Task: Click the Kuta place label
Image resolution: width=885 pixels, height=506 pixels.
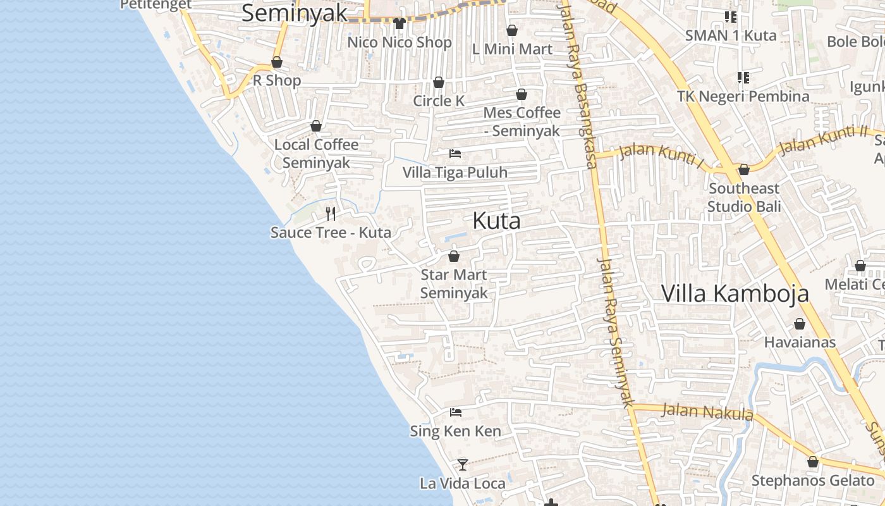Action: (497, 221)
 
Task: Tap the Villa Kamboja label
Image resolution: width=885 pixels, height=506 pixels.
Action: (735, 293)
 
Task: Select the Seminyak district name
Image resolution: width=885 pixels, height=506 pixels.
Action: (295, 13)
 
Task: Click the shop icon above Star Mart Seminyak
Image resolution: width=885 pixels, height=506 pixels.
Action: (454, 256)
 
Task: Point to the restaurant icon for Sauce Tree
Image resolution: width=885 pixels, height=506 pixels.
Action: (331, 213)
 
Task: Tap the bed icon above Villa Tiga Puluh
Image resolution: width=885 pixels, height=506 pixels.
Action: (455, 153)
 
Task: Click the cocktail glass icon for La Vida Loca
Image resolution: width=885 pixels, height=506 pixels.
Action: (463, 465)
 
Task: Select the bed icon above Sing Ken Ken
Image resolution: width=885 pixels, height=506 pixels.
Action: (455, 412)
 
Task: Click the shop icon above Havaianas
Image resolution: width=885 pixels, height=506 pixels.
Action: (800, 324)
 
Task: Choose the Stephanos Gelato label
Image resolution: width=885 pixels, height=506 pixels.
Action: (812, 481)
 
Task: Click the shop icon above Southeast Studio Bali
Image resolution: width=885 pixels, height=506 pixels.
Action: (744, 170)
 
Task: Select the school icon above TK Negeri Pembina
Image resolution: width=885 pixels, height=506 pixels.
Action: (743, 78)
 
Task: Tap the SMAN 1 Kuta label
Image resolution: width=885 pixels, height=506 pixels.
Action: (731, 35)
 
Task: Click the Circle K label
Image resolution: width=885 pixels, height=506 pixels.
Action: (439, 101)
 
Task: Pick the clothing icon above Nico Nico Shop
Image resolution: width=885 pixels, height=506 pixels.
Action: (399, 23)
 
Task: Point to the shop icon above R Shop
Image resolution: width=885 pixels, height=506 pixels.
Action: (277, 62)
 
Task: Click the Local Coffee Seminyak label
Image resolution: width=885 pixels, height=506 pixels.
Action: (316, 154)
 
